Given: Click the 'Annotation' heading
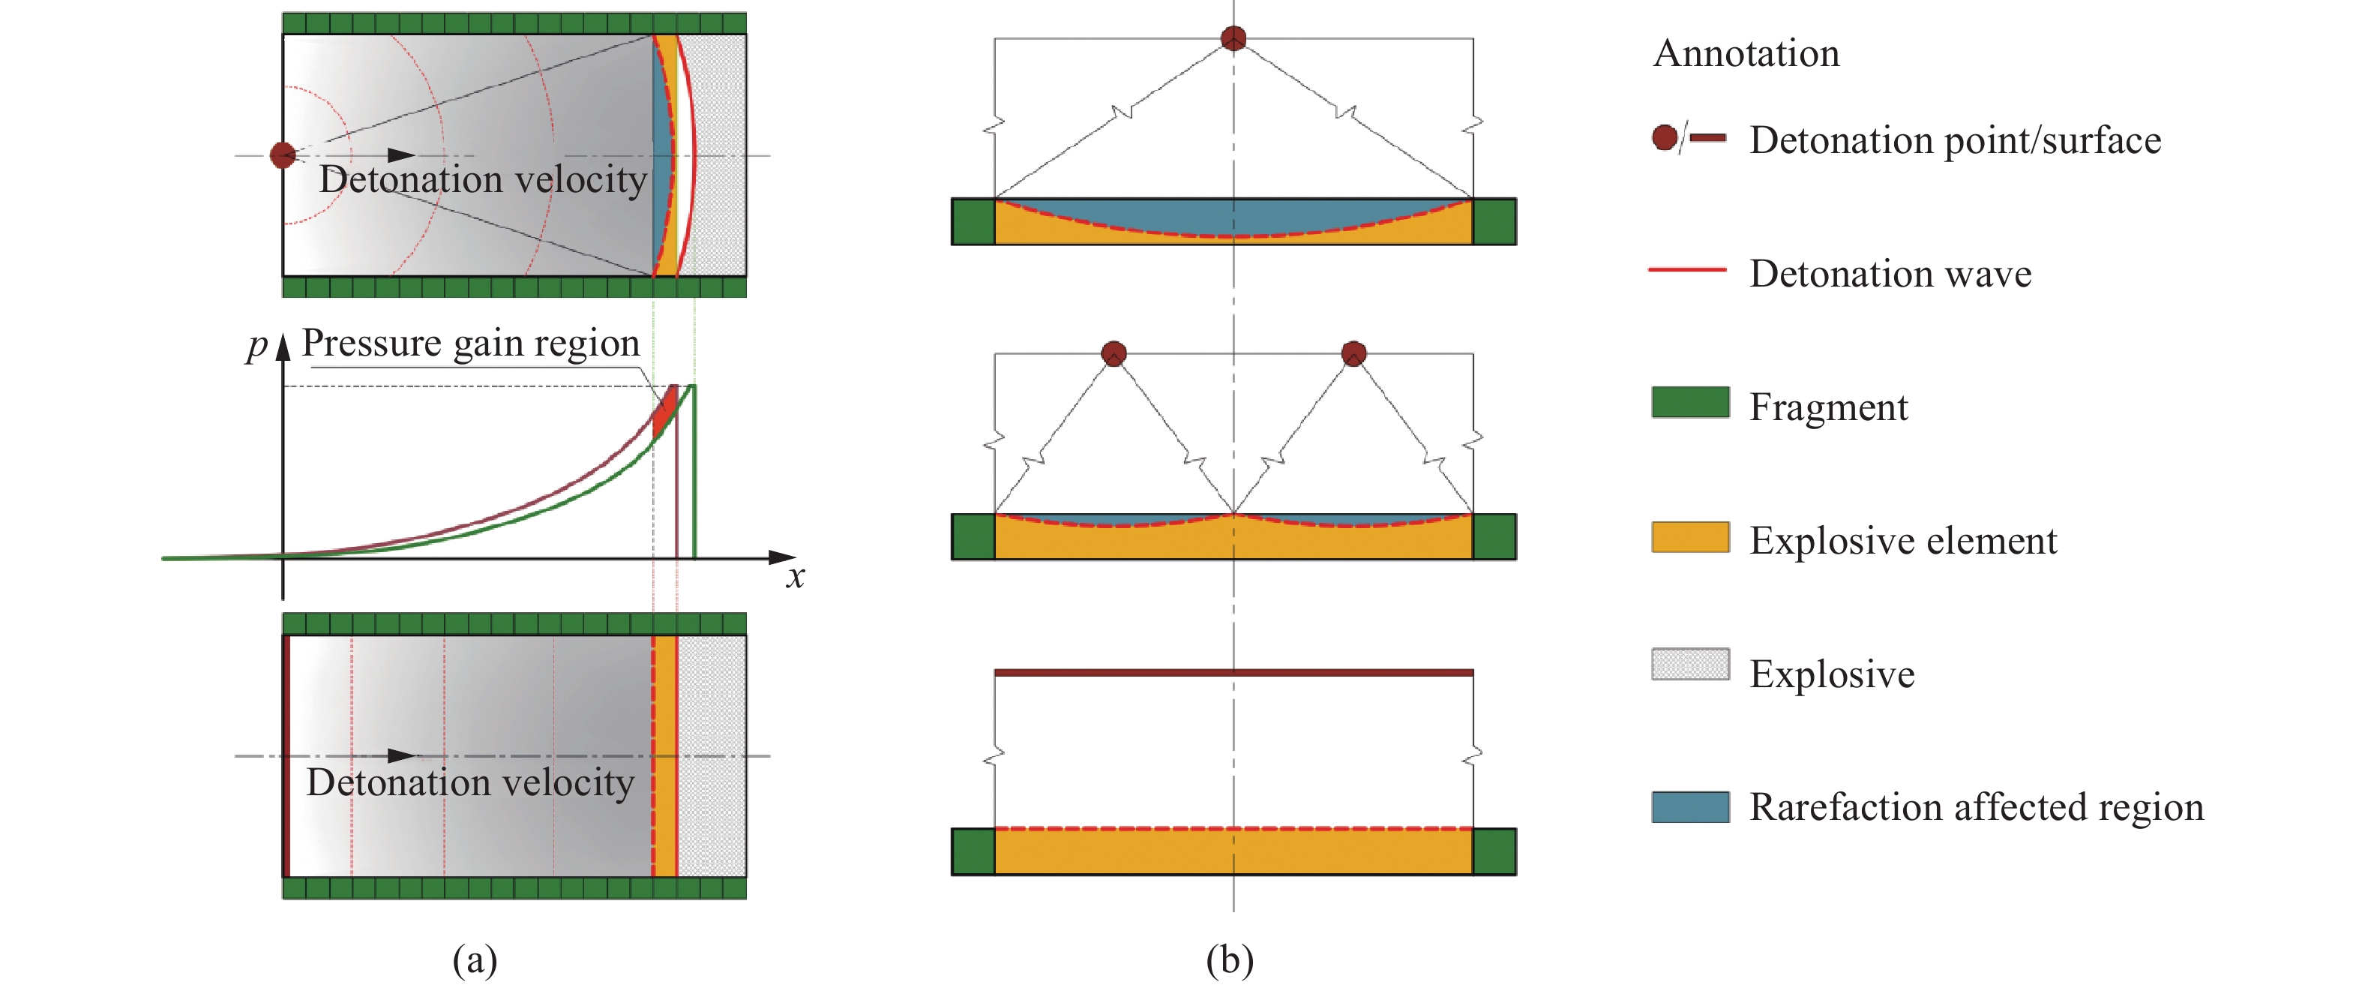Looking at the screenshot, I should (x=1746, y=53).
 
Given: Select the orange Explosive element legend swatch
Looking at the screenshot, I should (x=1690, y=536).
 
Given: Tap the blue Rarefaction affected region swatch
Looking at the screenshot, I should (x=1690, y=807).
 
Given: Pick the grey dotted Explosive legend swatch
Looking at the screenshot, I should (x=1690, y=664).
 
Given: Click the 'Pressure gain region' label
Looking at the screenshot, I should (x=470, y=343).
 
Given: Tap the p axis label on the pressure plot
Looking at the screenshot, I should (x=256, y=346).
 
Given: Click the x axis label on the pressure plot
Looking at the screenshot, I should (x=795, y=577).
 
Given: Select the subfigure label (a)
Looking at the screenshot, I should (x=475, y=959).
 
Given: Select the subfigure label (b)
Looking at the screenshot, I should (x=1230, y=959).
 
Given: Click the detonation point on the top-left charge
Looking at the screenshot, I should (x=283, y=155).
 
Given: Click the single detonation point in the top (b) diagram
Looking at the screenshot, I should (x=1233, y=38).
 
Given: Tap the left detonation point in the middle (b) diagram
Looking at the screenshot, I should (x=1114, y=353).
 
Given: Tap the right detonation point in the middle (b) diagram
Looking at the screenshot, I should (x=1353, y=353).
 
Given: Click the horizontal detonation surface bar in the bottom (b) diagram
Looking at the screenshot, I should (x=1233, y=672).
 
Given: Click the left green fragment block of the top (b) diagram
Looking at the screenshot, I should (x=973, y=222).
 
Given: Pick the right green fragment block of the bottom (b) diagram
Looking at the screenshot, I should (x=1494, y=852).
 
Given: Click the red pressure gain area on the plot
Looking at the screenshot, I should (x=665, y=409).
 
